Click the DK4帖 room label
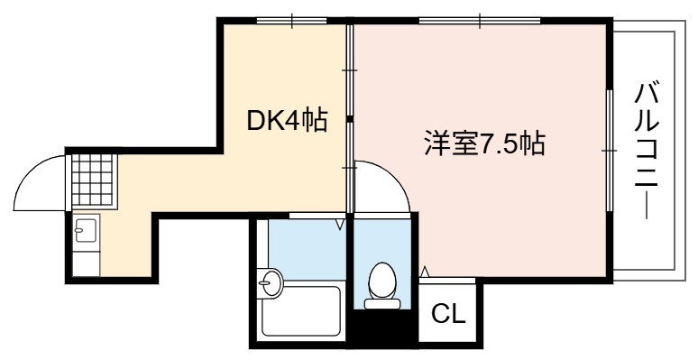(x=287, y=120)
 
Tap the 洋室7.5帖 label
(x=484, y=143)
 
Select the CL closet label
(x=448, y=315)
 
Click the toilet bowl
(x=382, y=280)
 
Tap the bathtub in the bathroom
(x=301, y=310)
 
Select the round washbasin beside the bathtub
(x=270, y=282)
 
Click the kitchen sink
(x=86, y=230)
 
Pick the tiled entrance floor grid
(x=92, y=180)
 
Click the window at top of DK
(x=291, y=21)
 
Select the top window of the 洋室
(x=480, y=21)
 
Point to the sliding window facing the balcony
(x=610, y=151)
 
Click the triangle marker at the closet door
(x=425, y=271)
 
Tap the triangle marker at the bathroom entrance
(x=341, y=223)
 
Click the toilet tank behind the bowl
(x=382, y=304)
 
